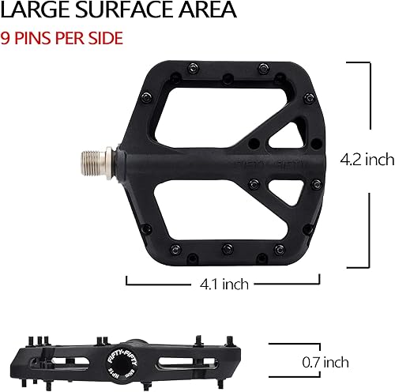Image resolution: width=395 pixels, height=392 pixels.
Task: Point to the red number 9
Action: (x=6, y=37)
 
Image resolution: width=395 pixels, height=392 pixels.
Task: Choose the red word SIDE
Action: (x=108, y=37)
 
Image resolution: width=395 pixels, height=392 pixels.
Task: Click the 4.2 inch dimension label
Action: (x=367, y=160)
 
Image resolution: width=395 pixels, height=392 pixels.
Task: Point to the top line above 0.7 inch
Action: (x=288, y=344)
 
